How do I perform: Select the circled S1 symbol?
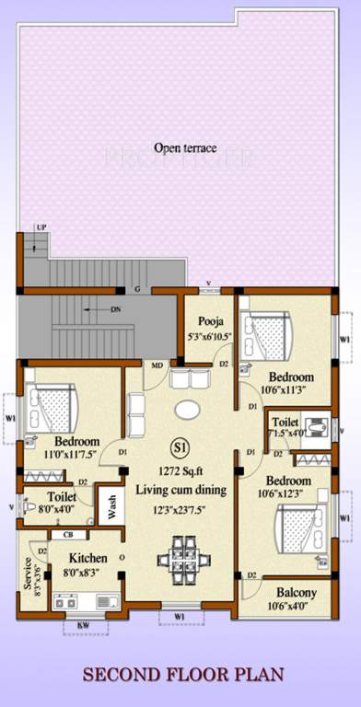(180, 448)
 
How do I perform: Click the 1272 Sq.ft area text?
(180, 469)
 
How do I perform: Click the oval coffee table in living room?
(186, 409)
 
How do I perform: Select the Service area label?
(29, 573)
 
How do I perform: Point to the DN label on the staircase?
(115, 309)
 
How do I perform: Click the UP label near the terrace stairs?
(41, 226)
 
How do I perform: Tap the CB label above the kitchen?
(68, 534)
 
